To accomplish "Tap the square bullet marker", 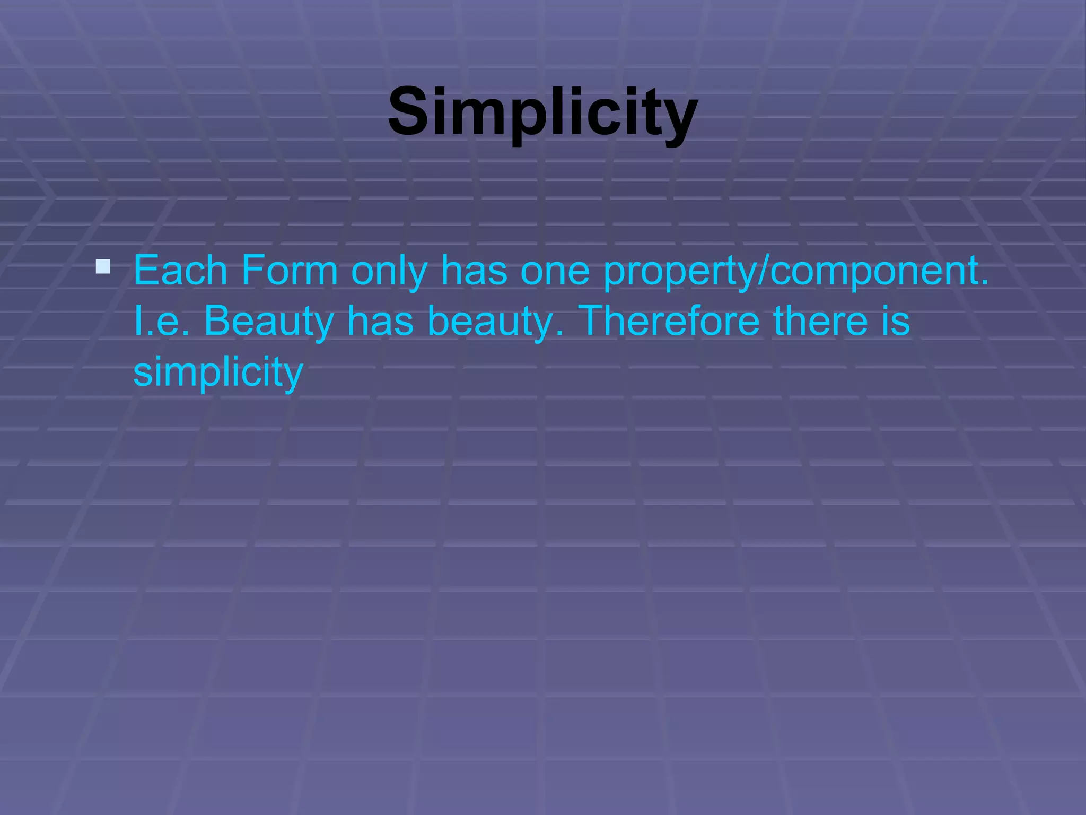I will coord(103,266).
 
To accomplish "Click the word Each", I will coord(180,271).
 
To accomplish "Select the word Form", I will coord(290,271).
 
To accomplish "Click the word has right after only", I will coord(474,271).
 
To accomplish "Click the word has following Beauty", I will coord(380,321).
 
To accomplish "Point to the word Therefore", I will coord(669,321).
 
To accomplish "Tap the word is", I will coord(896,321).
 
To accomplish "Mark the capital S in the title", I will coord(408,112).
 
